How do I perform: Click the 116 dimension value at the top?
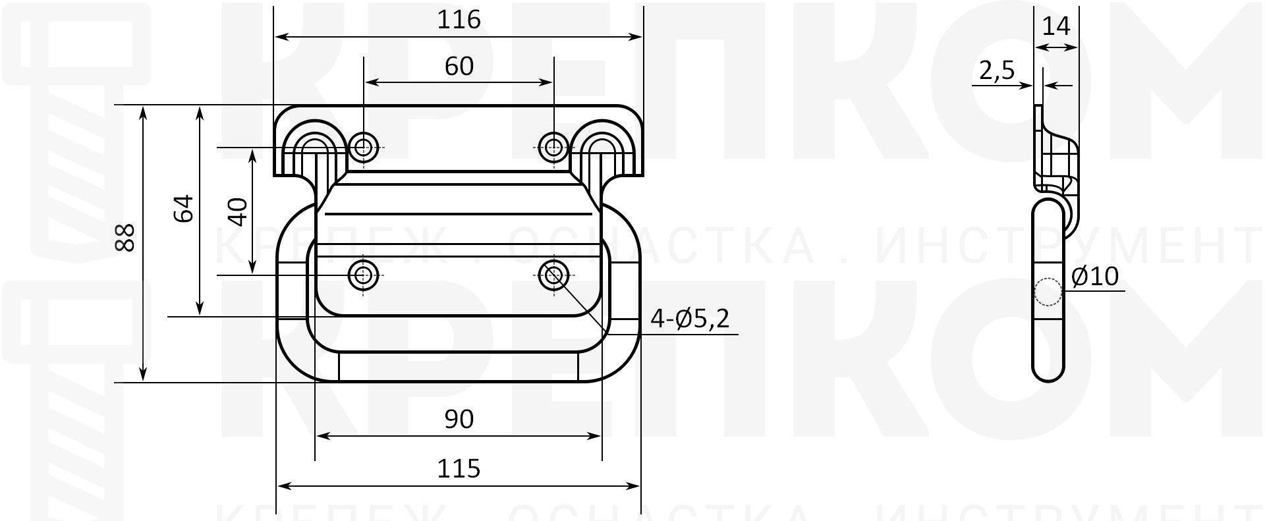459,20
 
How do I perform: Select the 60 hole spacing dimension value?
459,67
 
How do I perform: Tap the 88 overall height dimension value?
125,237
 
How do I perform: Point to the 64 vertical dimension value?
184,208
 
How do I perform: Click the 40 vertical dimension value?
239,211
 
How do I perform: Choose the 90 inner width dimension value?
459,419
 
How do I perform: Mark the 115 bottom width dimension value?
459,469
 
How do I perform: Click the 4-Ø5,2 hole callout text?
690,319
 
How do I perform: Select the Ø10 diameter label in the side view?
1095,277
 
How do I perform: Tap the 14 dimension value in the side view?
1056,27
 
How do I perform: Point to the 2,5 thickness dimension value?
996,70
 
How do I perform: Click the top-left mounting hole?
363,147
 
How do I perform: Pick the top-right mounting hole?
553,147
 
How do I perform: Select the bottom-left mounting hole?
363,275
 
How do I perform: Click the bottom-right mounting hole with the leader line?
553,275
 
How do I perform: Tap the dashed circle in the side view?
1048,292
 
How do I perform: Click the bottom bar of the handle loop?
459,367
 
